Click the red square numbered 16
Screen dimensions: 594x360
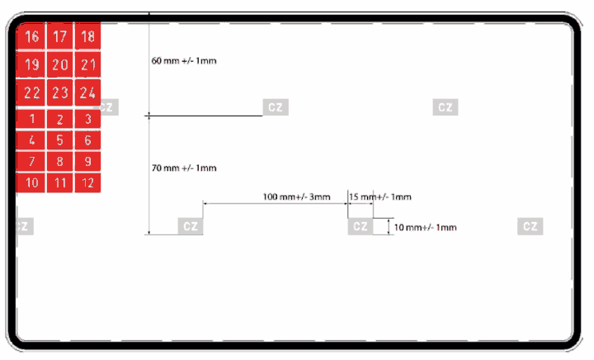pyautogui.click(x=31, y=36)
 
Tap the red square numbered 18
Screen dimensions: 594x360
pyautogui.click(x=87, y=36)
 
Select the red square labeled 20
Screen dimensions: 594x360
pyautogui.click(x=60, y=64)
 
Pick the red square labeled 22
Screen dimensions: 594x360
pyautogui.click(x=31, y=92)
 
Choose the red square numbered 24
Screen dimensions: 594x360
pyautogui.click(x=87, y=92)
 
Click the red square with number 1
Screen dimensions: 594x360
pyautogui.click(x=31, y=119)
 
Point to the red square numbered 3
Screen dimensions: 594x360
pyautogui.click(x=87, y=119)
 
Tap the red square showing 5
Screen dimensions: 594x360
pyautogui.click(x=60, y=140)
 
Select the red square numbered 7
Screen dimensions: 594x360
pyautogui.click(x=31, y=162)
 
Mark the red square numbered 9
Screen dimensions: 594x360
pyautogui.click(x=87, y=162)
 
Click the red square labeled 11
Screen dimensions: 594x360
pyautogui.click(x=60, y=182)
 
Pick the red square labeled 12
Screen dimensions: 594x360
pyautogui.click(x=87, y=182)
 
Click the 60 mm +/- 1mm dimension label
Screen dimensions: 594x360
pyautogui.click(x=184, y=60)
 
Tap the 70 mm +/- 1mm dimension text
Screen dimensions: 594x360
pyautogui.click(x=184, y=168)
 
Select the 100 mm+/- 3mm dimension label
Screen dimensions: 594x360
pyautogui.click(x=297, y=197)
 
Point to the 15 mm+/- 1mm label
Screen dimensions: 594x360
pyautogui.click(x=380, y=197)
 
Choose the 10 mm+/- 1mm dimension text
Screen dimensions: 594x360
pyautogui.click(x=426, y=227)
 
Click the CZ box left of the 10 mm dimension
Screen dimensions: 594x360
pyautogui.click(x=361, y=226)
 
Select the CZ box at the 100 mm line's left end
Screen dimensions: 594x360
pyautogui.click(x=191, y=226)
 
